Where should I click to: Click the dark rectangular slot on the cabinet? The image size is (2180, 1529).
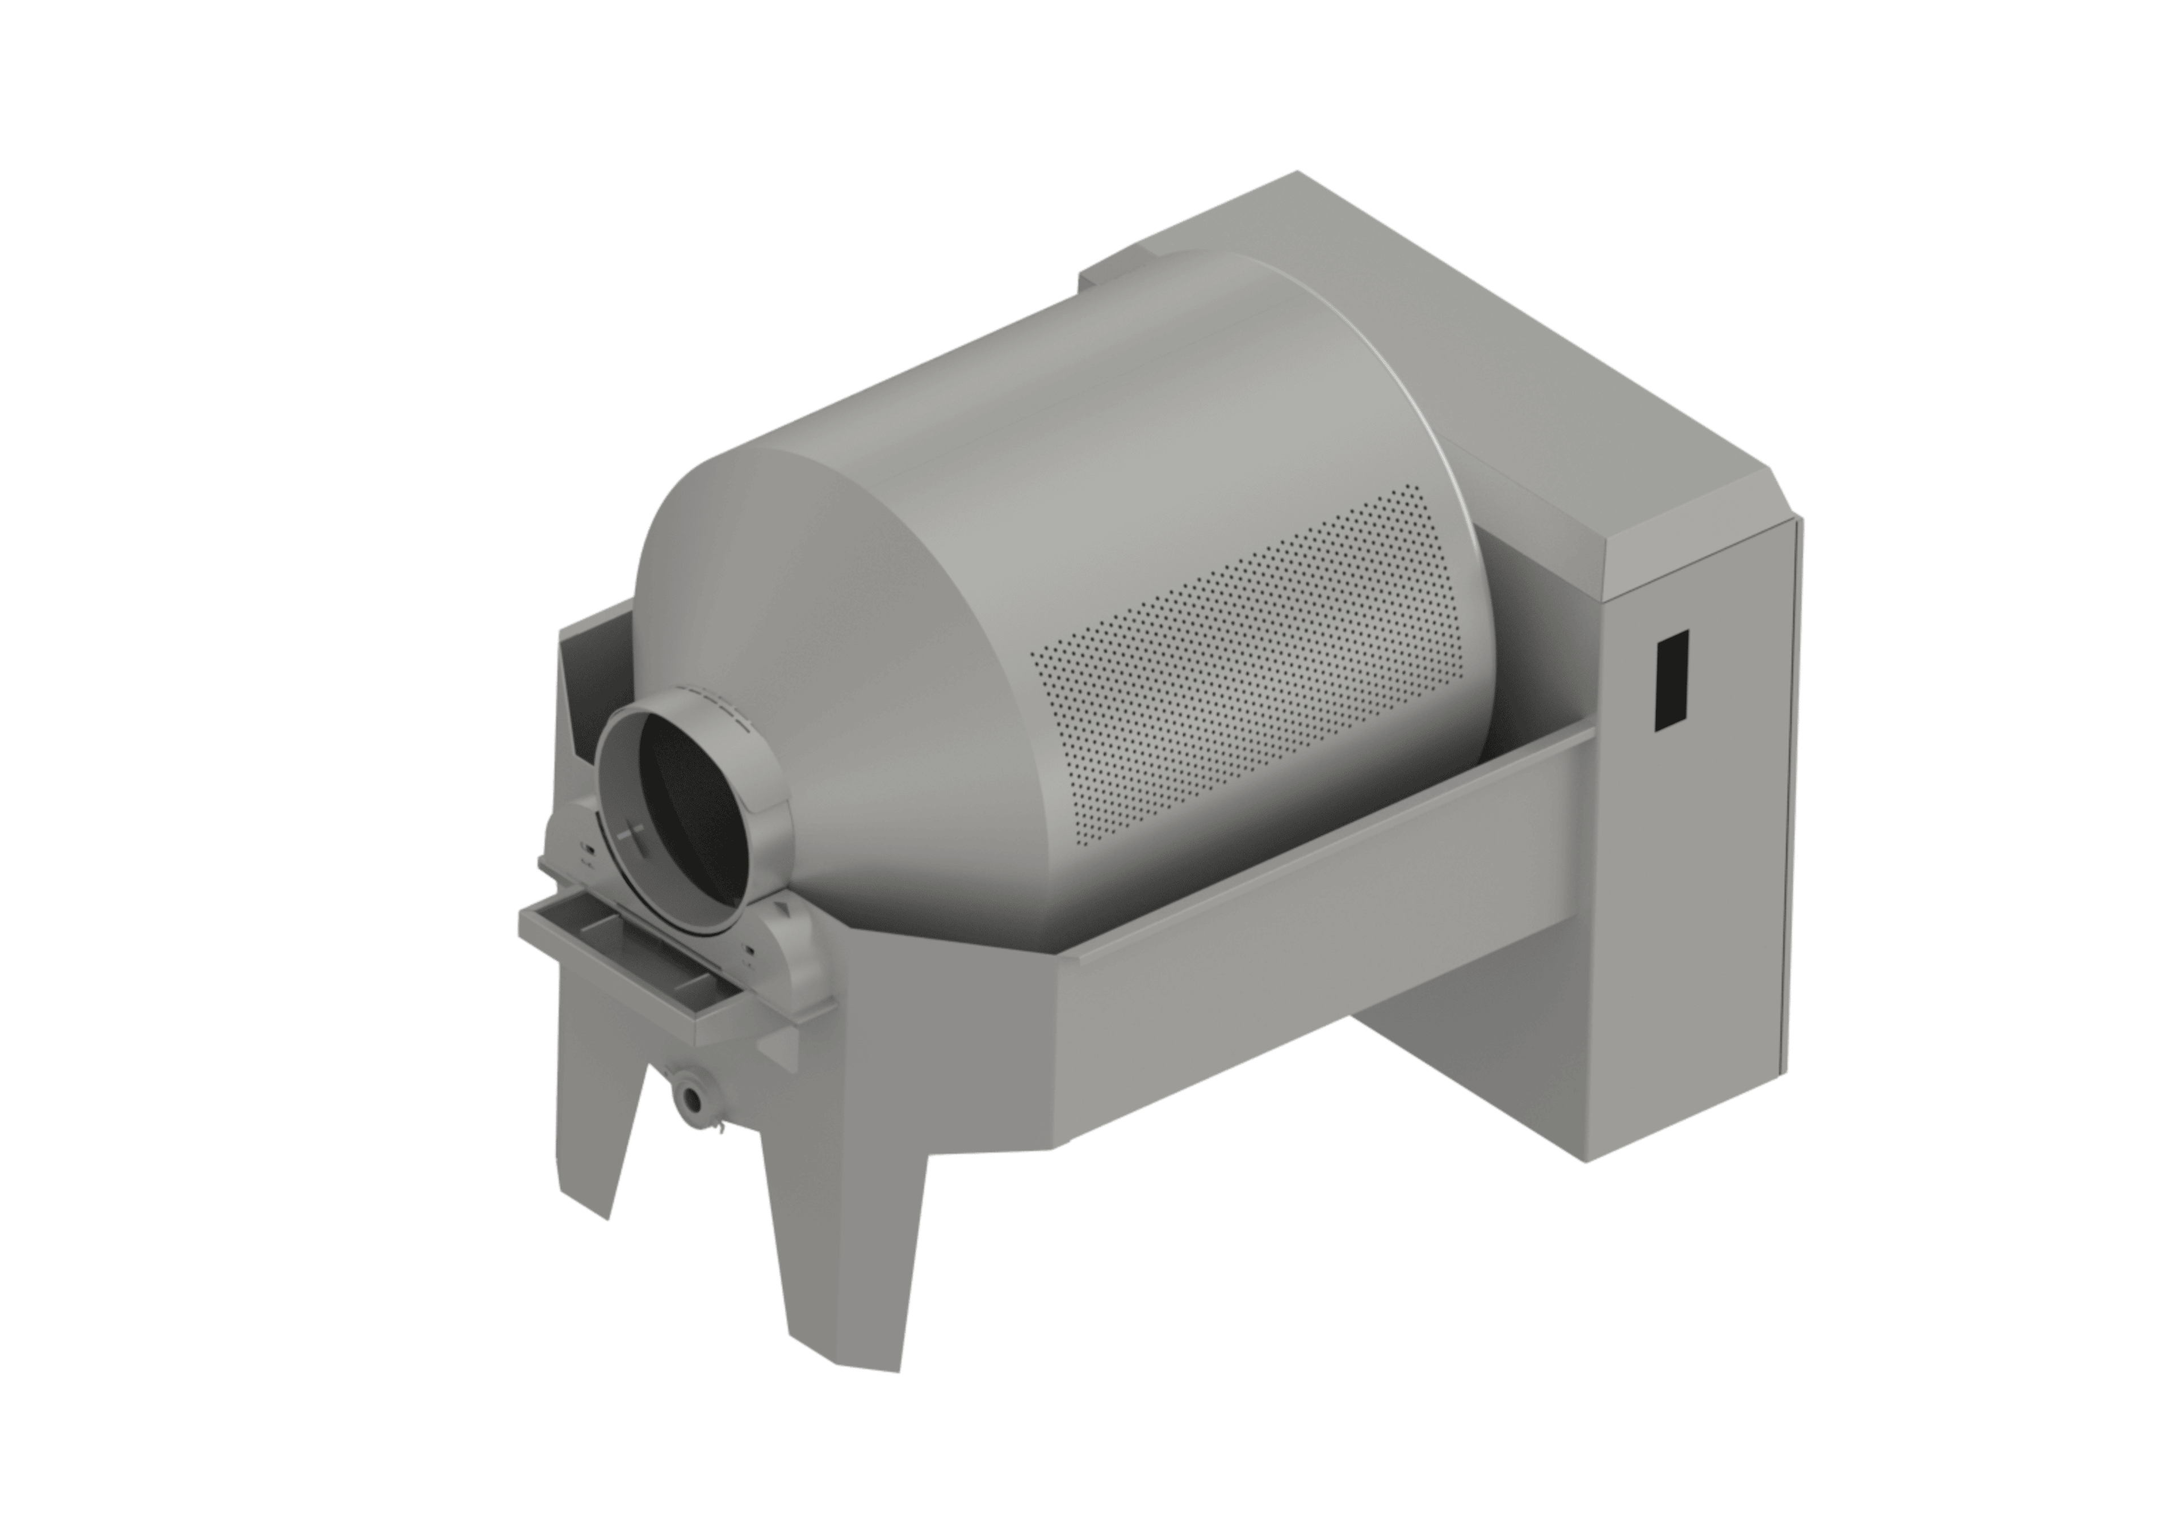tap(1671, 680)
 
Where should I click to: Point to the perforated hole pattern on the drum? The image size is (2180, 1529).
tap(1253, 665)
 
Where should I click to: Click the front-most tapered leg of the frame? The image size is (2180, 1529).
tap(845, 1263)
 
